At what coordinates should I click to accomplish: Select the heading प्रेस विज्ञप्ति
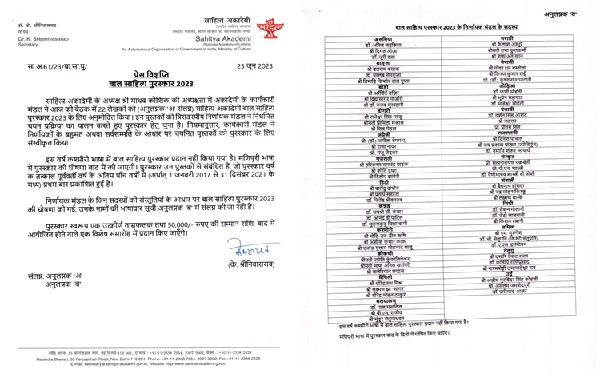141,72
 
